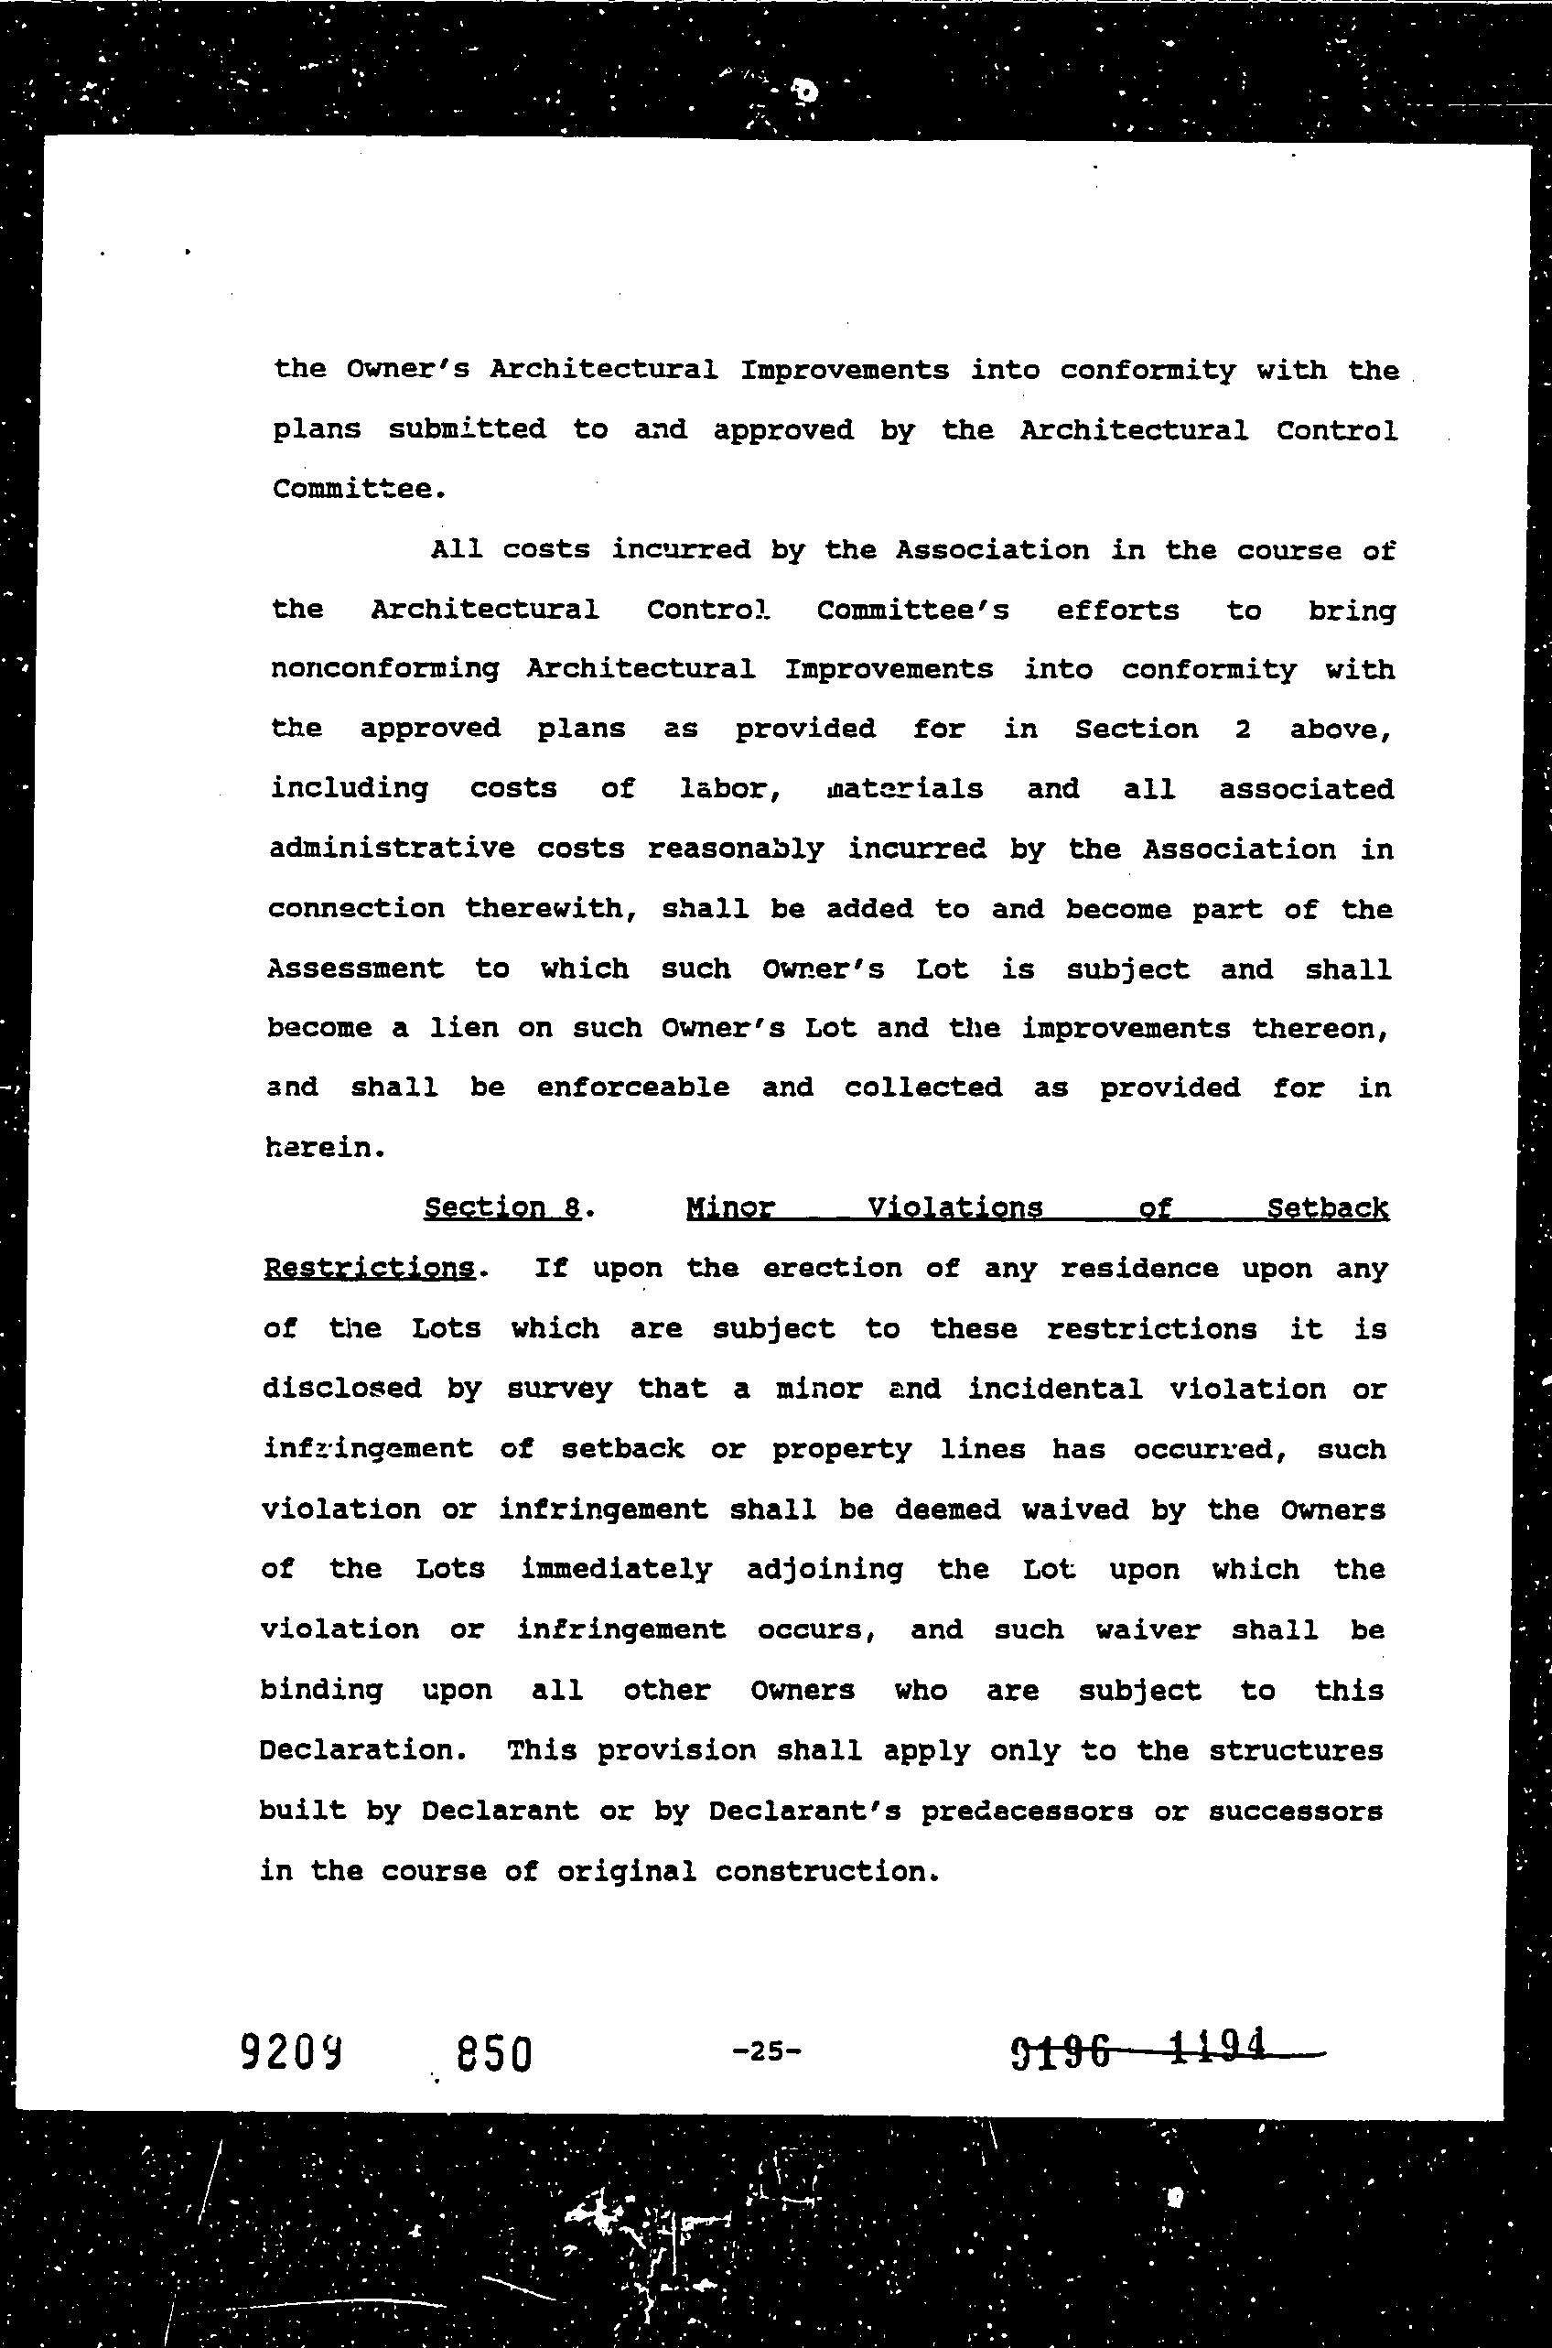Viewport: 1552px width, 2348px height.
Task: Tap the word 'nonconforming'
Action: (385, 670)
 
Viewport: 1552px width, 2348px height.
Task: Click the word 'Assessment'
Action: (355, 968)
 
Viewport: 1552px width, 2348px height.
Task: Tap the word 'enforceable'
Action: (633, 1087)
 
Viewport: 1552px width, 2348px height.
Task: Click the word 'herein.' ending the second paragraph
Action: (325, 1148)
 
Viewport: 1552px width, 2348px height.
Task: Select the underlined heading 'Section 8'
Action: (501, 1207)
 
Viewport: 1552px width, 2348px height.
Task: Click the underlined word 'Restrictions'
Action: (368, 1268)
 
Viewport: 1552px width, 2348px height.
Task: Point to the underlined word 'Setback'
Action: (1327, 1207)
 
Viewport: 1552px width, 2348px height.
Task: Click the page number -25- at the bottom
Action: (766, 2051)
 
